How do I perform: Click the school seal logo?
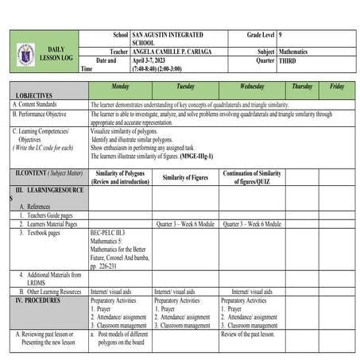click(x=25, y=54)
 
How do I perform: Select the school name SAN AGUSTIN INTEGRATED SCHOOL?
click(x=167, y=39)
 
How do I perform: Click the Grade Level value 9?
click(x=281, y=35)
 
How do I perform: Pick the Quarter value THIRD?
click(x=287, y=60)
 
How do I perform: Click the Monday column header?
click(x=121, y=86)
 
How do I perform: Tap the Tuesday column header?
click(x=185, y=86)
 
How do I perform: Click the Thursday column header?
click(x=302, y=86)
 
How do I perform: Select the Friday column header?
click(x=337, y=86)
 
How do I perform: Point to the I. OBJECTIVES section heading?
click(x=34, y=95)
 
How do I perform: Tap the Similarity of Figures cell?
click(x=184, y=177)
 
